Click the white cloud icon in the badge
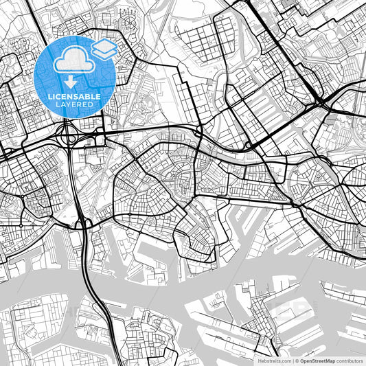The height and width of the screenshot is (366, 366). click(73, 61)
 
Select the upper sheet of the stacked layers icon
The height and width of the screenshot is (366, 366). click(104, 46)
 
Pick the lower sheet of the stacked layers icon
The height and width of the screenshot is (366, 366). click(104, 54)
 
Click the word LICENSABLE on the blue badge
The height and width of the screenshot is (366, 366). click(74, 97)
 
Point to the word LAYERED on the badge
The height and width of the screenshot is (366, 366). click(74, 104)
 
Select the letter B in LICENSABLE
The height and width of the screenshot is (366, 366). click(89, 97)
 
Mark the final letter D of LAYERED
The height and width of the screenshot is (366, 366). click(91, 104)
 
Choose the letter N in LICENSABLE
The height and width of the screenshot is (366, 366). click(69, 97)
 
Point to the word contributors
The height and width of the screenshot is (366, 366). click(350, 360)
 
